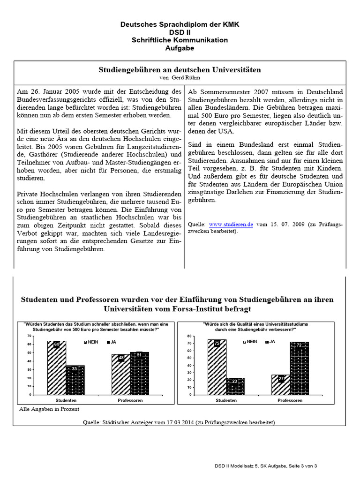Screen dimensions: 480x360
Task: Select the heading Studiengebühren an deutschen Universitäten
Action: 180,69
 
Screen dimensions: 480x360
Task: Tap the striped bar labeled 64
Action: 56,368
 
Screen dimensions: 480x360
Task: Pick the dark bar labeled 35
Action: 75,380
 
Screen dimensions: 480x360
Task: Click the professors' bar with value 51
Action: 139,373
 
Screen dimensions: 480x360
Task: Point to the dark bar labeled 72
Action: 299,368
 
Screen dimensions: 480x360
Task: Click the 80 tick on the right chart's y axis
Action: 189,336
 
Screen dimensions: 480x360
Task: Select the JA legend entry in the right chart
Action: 270,342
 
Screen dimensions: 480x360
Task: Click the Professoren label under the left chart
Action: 130,401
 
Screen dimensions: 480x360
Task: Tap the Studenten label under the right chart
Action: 226,401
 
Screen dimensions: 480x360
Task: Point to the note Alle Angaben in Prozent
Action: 49,409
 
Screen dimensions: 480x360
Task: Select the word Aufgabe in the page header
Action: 180,48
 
